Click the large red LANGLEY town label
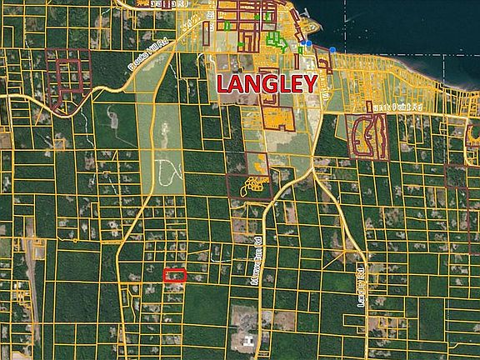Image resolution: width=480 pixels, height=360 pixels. [x=267, y=83]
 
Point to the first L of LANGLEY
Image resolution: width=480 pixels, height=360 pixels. [x=223, y=83]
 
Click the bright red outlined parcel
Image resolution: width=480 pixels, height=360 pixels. [x=173, y=274]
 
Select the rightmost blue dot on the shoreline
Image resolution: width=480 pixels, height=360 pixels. [x=332, y=50]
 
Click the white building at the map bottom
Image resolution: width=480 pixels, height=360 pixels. [x=247, y=340]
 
